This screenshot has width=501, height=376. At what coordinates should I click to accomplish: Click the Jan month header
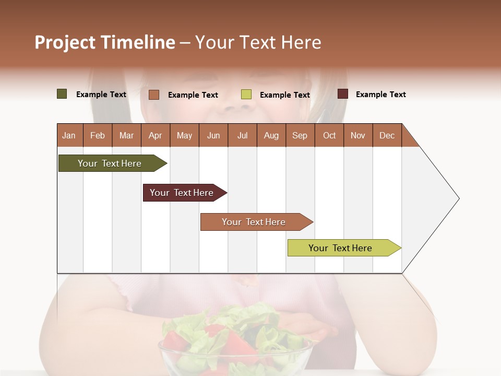pos(69,135)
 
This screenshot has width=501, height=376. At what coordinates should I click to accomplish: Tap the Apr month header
pos(156,135)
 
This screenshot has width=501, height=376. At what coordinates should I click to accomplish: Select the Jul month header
pos(242,135)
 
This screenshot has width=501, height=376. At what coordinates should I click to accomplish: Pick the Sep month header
pos(300,135)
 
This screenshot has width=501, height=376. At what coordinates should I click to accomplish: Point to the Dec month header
pos(387,135)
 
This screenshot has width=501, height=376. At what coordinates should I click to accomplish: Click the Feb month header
pos(98,135)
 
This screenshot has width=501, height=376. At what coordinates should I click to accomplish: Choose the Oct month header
pos(329,135)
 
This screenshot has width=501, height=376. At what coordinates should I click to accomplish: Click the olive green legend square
pos(62,94)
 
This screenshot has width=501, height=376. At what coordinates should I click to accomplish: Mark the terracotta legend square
pos(154,95)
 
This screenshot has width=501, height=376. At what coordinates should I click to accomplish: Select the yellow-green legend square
pos(246,95)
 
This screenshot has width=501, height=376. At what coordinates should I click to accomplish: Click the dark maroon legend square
pos(343,94)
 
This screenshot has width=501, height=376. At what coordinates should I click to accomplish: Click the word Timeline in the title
pos(138,42)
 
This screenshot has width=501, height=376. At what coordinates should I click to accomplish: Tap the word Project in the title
pos(65,42)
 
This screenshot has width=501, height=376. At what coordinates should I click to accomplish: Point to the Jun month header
pos(213,135)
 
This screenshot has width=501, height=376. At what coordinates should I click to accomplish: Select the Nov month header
pos(358,135)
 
